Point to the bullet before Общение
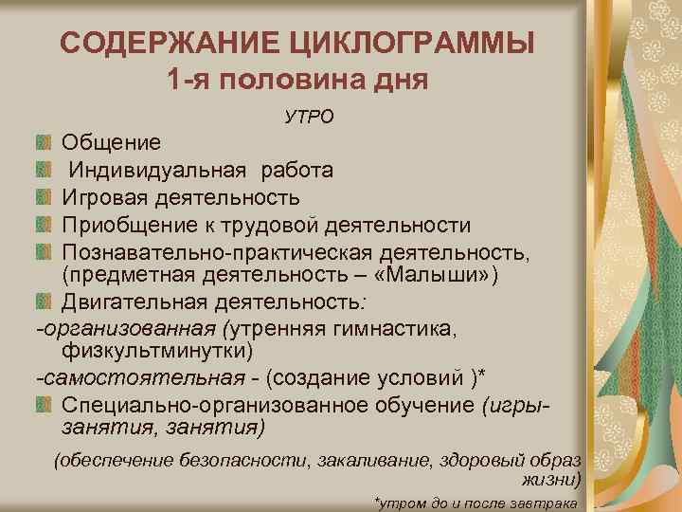coord(42,143)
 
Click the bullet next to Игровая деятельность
coord(42,197)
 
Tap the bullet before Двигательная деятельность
coord(42,303)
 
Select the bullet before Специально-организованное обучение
coord(42,405)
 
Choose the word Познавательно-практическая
coord(213,251)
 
